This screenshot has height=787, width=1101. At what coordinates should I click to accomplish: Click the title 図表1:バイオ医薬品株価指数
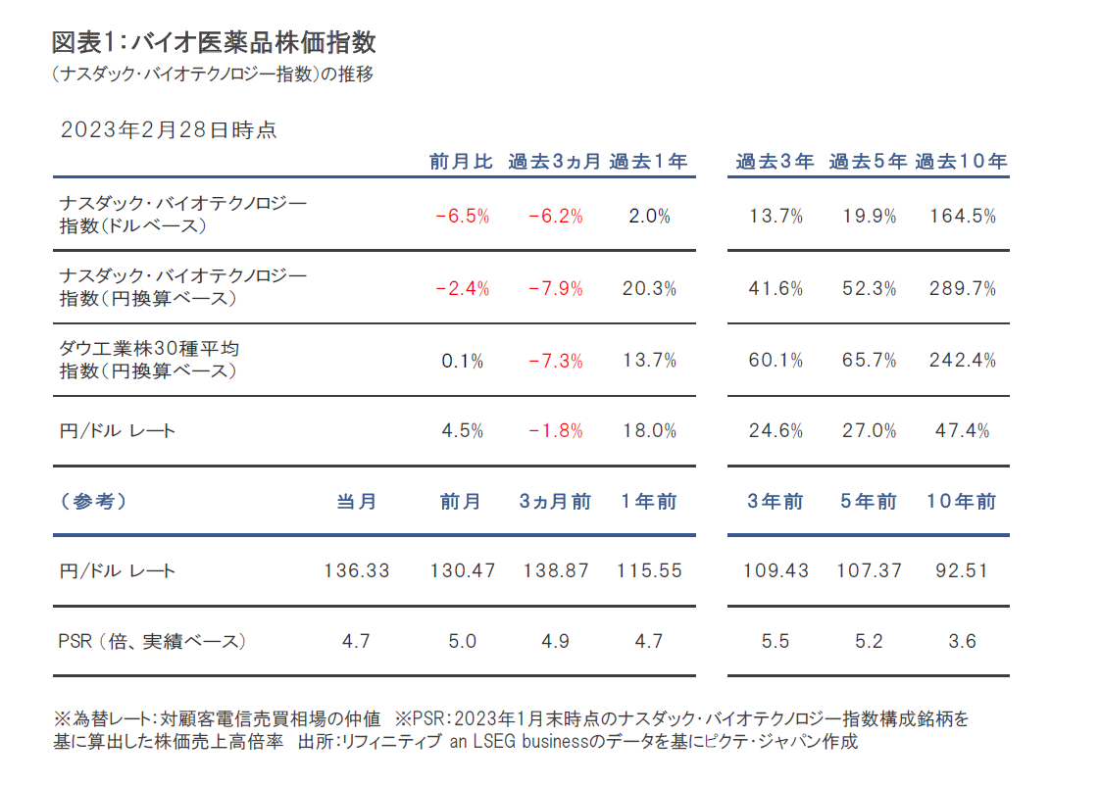pos(214,42)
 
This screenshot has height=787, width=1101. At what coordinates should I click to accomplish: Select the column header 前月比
pos(461,163)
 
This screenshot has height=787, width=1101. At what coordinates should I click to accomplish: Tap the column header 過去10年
pos(961,163)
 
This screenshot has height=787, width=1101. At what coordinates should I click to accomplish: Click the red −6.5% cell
pos(461,217)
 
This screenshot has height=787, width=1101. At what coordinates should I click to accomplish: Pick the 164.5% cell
pos(962,217)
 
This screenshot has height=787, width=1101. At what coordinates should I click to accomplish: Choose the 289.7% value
pos(962,288)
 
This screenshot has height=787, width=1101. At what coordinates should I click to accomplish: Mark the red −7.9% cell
pos(555,288)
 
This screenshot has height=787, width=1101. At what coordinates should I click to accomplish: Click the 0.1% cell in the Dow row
pos(461,361)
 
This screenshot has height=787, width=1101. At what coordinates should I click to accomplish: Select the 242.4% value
pos(962,361)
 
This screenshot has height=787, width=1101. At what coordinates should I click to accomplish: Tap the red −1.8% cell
pos(555,431)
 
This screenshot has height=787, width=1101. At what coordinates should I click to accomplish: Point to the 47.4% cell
pos(962,431)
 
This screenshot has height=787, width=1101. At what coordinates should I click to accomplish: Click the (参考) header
pos(92,502)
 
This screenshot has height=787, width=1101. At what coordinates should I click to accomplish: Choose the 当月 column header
pos(357,502)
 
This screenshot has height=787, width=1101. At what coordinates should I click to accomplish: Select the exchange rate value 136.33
pos(357,570)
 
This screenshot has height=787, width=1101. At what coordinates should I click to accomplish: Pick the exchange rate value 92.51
pos(962,570)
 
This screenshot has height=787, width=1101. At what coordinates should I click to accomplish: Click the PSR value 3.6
pos(962,642)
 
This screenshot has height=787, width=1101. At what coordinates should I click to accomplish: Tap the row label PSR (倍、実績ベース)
pos(152,642)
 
